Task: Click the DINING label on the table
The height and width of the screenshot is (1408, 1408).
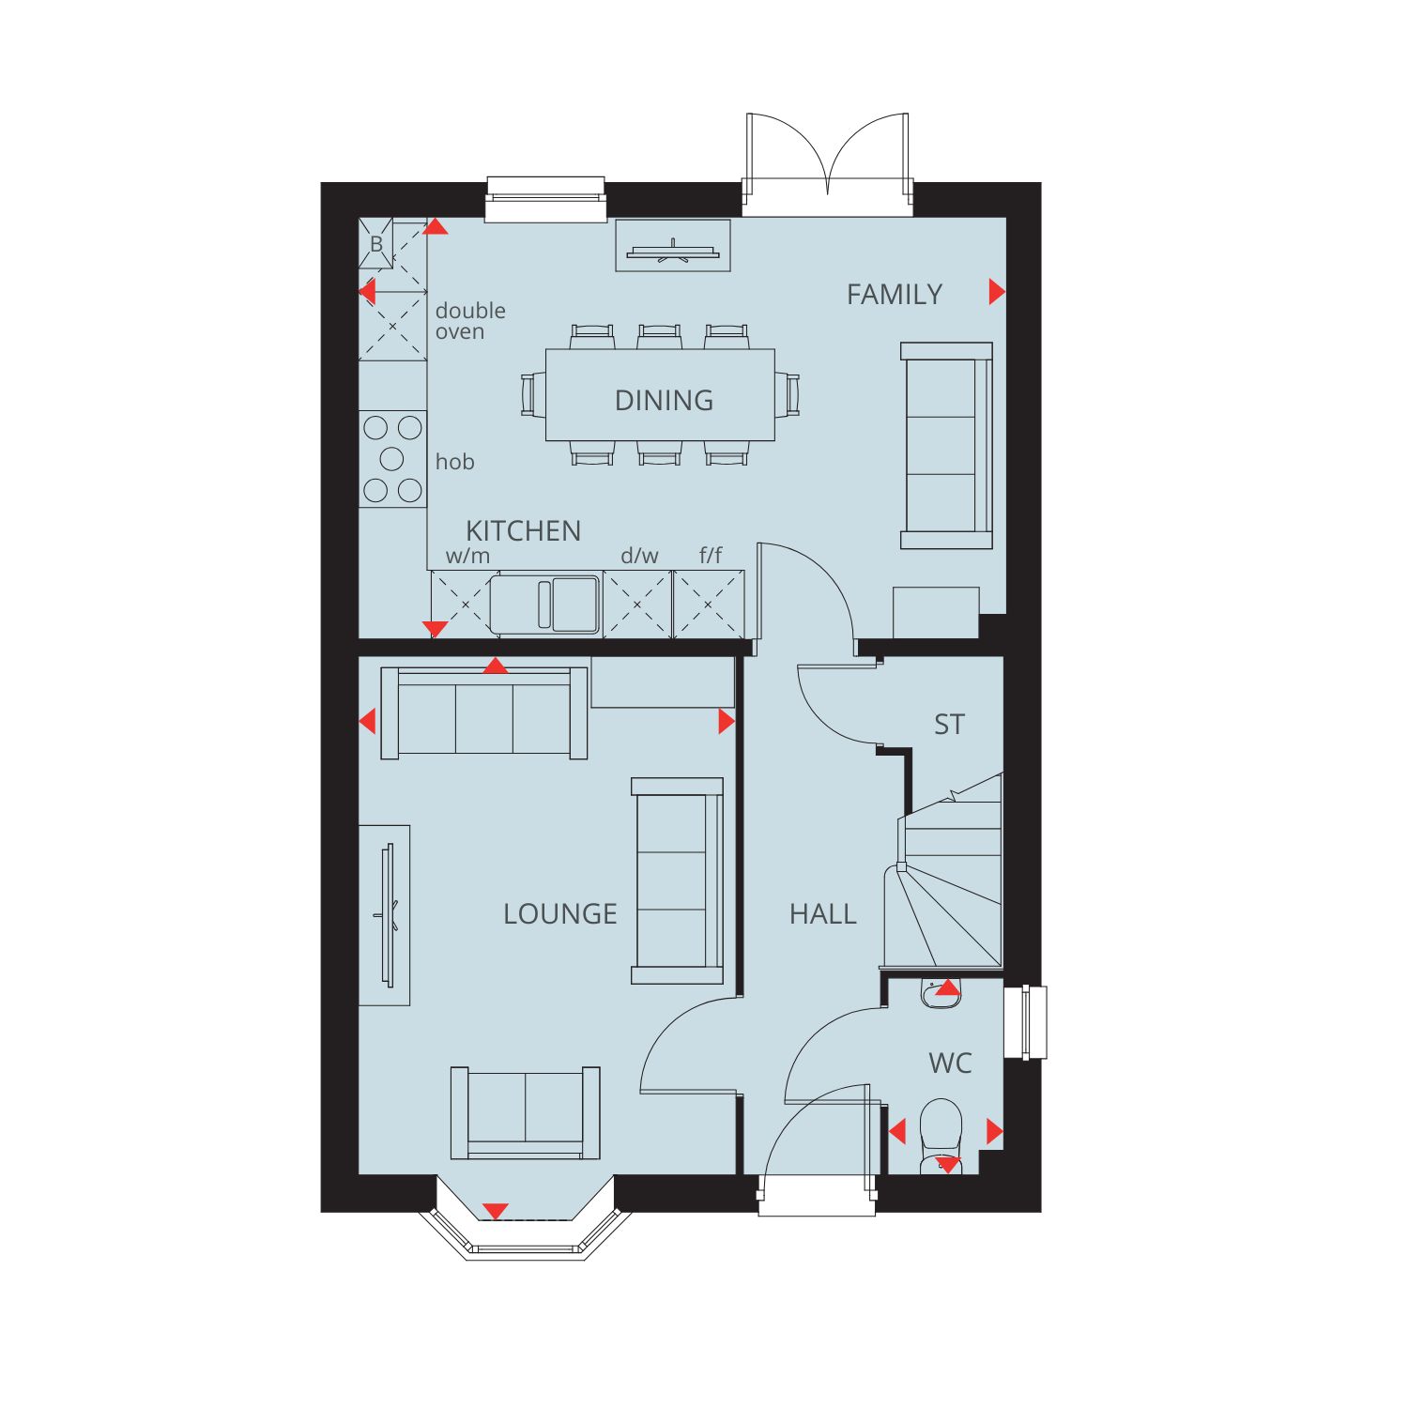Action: point(664,401)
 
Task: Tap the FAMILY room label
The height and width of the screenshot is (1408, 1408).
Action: point(895,295)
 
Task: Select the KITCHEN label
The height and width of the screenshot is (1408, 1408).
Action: point(523,531)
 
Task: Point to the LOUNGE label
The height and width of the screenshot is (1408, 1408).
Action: point(560,914)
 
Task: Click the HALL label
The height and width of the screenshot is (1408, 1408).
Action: point(823,914)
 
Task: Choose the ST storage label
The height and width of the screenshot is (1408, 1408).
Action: point(949,725)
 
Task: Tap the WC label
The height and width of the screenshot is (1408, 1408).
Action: point(950,1064)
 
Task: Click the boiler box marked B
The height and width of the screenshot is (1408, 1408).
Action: point(376,244)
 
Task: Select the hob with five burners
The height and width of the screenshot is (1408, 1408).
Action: point(392,459)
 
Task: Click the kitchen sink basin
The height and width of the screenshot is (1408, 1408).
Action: point(574,605)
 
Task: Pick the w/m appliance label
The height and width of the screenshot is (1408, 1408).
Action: point(467,556)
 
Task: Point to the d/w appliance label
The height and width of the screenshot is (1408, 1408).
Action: point(639,556)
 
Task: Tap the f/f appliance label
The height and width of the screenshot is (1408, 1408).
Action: point(711,556)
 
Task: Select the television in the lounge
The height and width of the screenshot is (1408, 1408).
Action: point(387,915)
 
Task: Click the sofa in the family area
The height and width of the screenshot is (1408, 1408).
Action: point(946,446)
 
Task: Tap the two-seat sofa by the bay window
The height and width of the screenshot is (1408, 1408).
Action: point(526,1113)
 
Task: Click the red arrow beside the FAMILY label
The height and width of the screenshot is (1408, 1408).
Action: point(997,292)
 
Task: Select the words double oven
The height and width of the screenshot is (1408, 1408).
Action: point(470,321)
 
